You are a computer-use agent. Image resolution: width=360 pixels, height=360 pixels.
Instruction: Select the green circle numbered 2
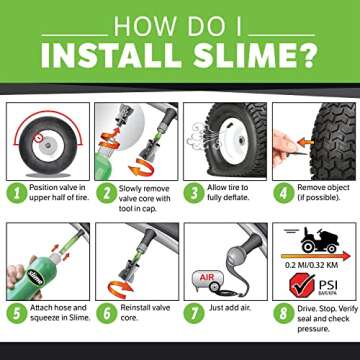(105, 194)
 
